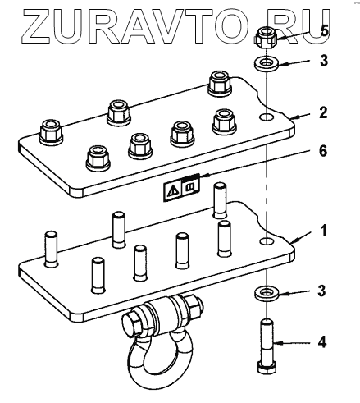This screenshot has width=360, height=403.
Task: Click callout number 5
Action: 324,31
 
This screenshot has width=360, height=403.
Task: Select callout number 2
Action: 323,112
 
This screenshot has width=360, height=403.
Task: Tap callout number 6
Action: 323,151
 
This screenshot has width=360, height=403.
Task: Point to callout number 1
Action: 324,231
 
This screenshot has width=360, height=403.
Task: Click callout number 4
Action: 322,342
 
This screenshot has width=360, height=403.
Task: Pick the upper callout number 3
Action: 324,61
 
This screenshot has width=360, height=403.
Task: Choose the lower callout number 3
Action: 321,291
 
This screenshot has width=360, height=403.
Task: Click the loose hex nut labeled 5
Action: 266,38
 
